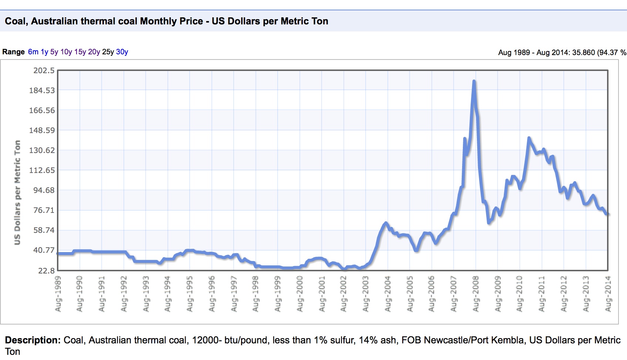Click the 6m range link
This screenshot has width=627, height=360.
point(33,52)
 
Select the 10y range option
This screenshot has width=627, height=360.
point(66,52)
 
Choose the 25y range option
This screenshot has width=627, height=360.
point(108,52)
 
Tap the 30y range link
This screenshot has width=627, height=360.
point(122,52)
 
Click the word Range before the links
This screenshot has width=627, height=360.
point(13,52)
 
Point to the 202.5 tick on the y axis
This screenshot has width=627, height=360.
point(44,71)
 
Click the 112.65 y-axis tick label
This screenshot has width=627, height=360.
point(42,170)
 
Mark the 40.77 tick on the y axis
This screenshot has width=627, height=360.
point(44,250)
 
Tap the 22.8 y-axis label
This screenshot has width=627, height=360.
point(46,271)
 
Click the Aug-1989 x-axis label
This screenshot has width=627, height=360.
point(58,293)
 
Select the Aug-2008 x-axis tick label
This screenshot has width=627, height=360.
point(476,293)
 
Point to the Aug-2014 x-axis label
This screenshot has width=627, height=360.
point(608,293)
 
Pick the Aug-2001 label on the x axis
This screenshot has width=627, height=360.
point(322,293)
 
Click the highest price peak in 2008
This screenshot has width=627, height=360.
point(474,81)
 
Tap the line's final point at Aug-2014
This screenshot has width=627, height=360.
point(607,214)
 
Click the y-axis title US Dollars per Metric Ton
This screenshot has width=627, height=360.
point(17,192)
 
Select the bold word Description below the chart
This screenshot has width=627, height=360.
point(33,340)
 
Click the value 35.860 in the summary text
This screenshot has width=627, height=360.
point(583,52)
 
